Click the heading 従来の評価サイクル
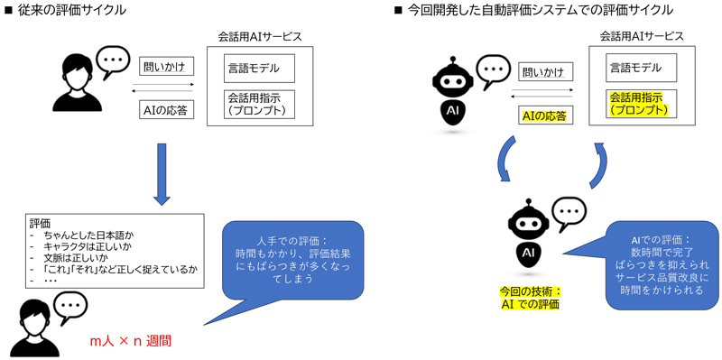[x=70, y=11]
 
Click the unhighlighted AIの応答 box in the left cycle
[x=166, y=110]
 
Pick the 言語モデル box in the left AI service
[x=259, y=69]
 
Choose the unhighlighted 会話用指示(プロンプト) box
[x=259, y=105]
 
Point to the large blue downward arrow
[x=162, y=173]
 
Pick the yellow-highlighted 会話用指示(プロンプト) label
[x=638, y=104]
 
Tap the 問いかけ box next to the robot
[x=544, y=72]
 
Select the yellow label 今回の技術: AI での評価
[x=530, y=298]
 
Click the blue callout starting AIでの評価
[x=662, y=264]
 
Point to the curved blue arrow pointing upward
[x=598, y=165]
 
